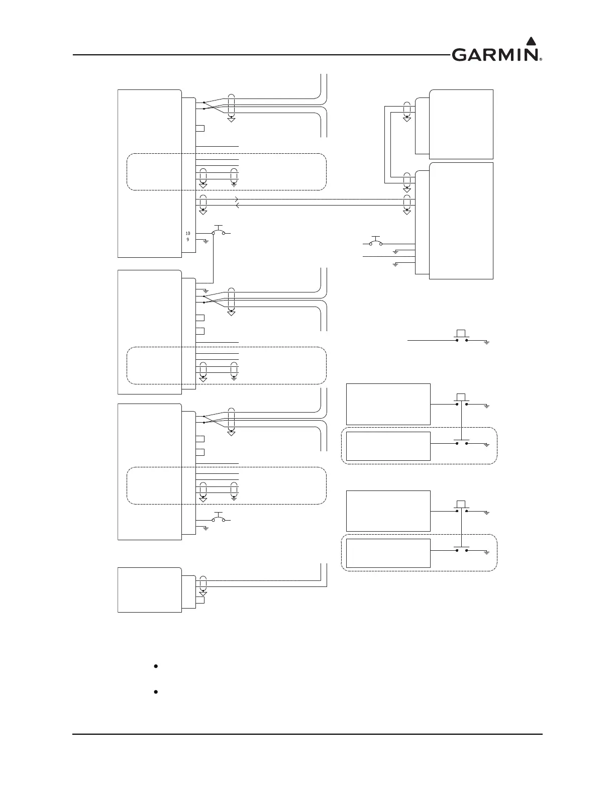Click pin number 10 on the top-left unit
pyautogui.click(x=187, y=234)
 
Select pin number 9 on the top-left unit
pyautogui.click(x=187, y=240)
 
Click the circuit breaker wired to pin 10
pyautogui.click(x=218, y=232)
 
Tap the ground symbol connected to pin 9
pyautogui.click(x=206, y=242)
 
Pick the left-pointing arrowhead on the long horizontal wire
pyautogui.click(x=237, y=206)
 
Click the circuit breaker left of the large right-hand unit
pyautogui.click(x=375, y=242)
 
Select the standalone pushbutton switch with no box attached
pyautogui.click(x=461, y=337)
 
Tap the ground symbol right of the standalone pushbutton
pyautogui.click(x=486, y=342)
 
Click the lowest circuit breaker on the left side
pyautogui.click(x=218, y=519)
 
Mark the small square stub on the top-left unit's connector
pyautogui.click(x=200, y=128)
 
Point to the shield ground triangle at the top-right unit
pyautogui.click(x=406, y=119)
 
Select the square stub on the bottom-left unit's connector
pyautogui.click(x=200, y=600)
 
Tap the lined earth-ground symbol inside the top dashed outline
pyautogui.click(x=234, y=183)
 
